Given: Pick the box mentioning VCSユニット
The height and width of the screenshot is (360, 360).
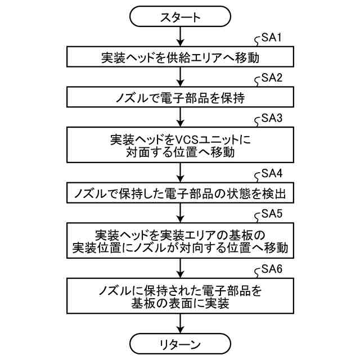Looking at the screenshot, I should coord(180,145).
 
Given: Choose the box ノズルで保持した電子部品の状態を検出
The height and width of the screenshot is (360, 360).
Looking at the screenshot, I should coord(180,193).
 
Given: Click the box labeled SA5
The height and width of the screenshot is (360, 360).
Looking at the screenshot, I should coord(180,240).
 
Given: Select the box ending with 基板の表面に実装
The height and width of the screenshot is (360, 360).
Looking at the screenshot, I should coord(180,295).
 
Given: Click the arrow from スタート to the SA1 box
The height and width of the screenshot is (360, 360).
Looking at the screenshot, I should coord(180,37).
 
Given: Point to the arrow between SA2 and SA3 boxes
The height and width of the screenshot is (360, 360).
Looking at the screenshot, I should coord(180,116).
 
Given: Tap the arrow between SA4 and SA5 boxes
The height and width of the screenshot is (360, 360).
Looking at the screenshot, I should coord(180,212).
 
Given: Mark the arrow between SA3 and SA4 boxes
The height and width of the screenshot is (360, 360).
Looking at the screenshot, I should coord(180,172).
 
